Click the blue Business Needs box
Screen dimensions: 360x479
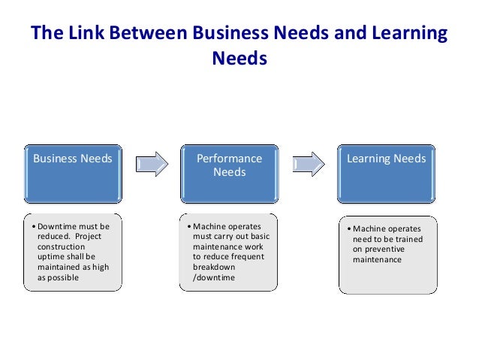coord(73,173)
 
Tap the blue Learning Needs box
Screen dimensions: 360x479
coord(386,173)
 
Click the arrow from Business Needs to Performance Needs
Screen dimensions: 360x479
coord(152,162)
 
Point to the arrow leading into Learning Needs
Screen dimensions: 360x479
coord(309,162)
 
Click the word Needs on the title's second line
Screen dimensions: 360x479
coord(239,58)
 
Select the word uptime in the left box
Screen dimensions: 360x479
coord(50,256)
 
